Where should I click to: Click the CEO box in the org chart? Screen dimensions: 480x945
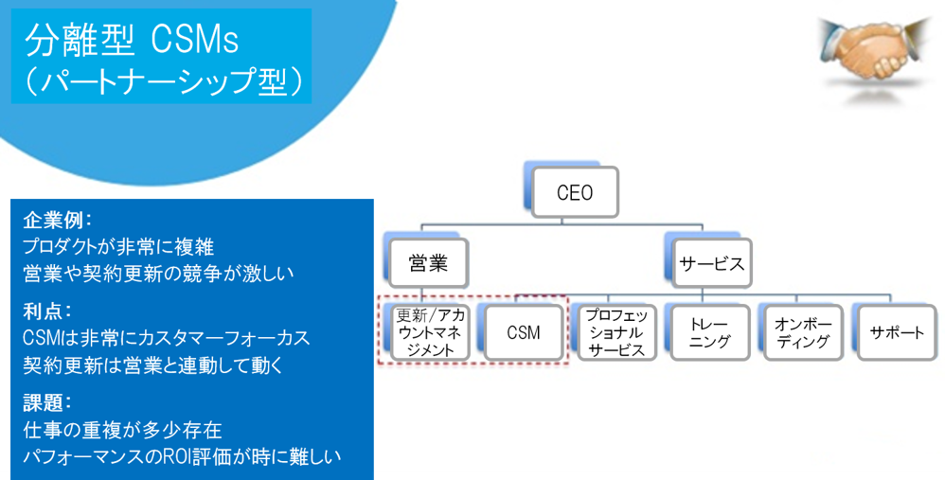point(575,193)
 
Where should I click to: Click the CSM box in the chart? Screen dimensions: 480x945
point(523,332)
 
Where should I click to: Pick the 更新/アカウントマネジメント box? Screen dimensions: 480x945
point(430,332)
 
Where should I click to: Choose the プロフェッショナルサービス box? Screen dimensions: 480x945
point(615,332)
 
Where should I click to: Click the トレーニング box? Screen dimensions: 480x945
point(709,332)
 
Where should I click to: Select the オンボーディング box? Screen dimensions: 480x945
point(802,332)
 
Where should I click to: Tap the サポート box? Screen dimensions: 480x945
point(896,332)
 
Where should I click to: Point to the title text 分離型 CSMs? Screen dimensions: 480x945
point(132,40)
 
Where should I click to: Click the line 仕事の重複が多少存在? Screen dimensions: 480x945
point(122,431)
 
